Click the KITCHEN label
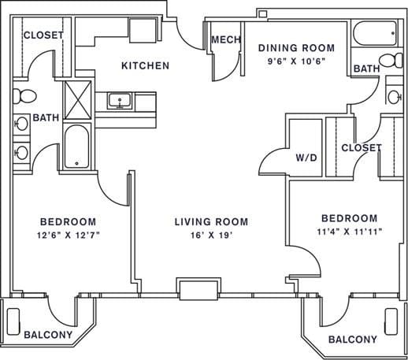pyautogui.click(x=144, y=66)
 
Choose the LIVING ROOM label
pyautogui.click(x=211, y=221)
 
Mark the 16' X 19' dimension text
pyautogui.click(x=211, y=235)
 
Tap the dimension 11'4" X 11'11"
pyautogui.click(x=349, y=232)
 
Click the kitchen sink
pyautogui.click(x=121, y=100)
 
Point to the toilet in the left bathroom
pyautogui.click(x=24, y=96)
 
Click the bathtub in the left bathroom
pyautogui.click(x=77, y=147)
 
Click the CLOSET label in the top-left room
pyautogui.click(x=43, y=35)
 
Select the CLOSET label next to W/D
pyautogui.click(x=362, y=148)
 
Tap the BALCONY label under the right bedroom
pyautogui.click(x=351, y=340)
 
